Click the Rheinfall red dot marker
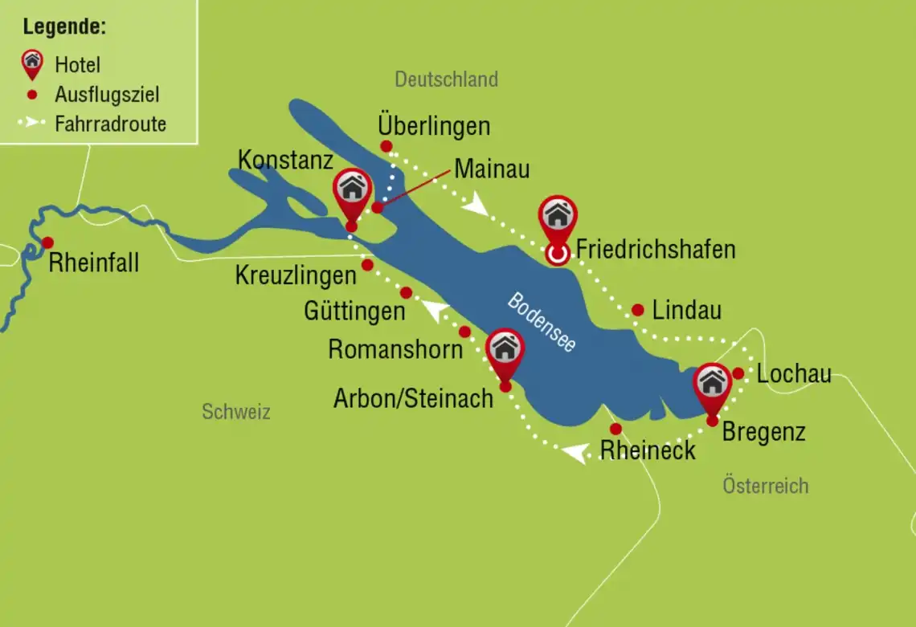47,242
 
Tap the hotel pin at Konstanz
352,193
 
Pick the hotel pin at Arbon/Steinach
505,352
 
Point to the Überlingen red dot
386,146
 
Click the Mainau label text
492,169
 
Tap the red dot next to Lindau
637,310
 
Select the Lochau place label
794,374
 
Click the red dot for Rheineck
615,429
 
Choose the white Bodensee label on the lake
541,320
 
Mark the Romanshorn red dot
464,332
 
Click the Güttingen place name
354,311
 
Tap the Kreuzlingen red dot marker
367,265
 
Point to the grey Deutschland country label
446,79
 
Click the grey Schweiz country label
236,413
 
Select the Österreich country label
765,486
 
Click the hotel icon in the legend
32,63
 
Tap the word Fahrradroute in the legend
110,124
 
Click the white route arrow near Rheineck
574,454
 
